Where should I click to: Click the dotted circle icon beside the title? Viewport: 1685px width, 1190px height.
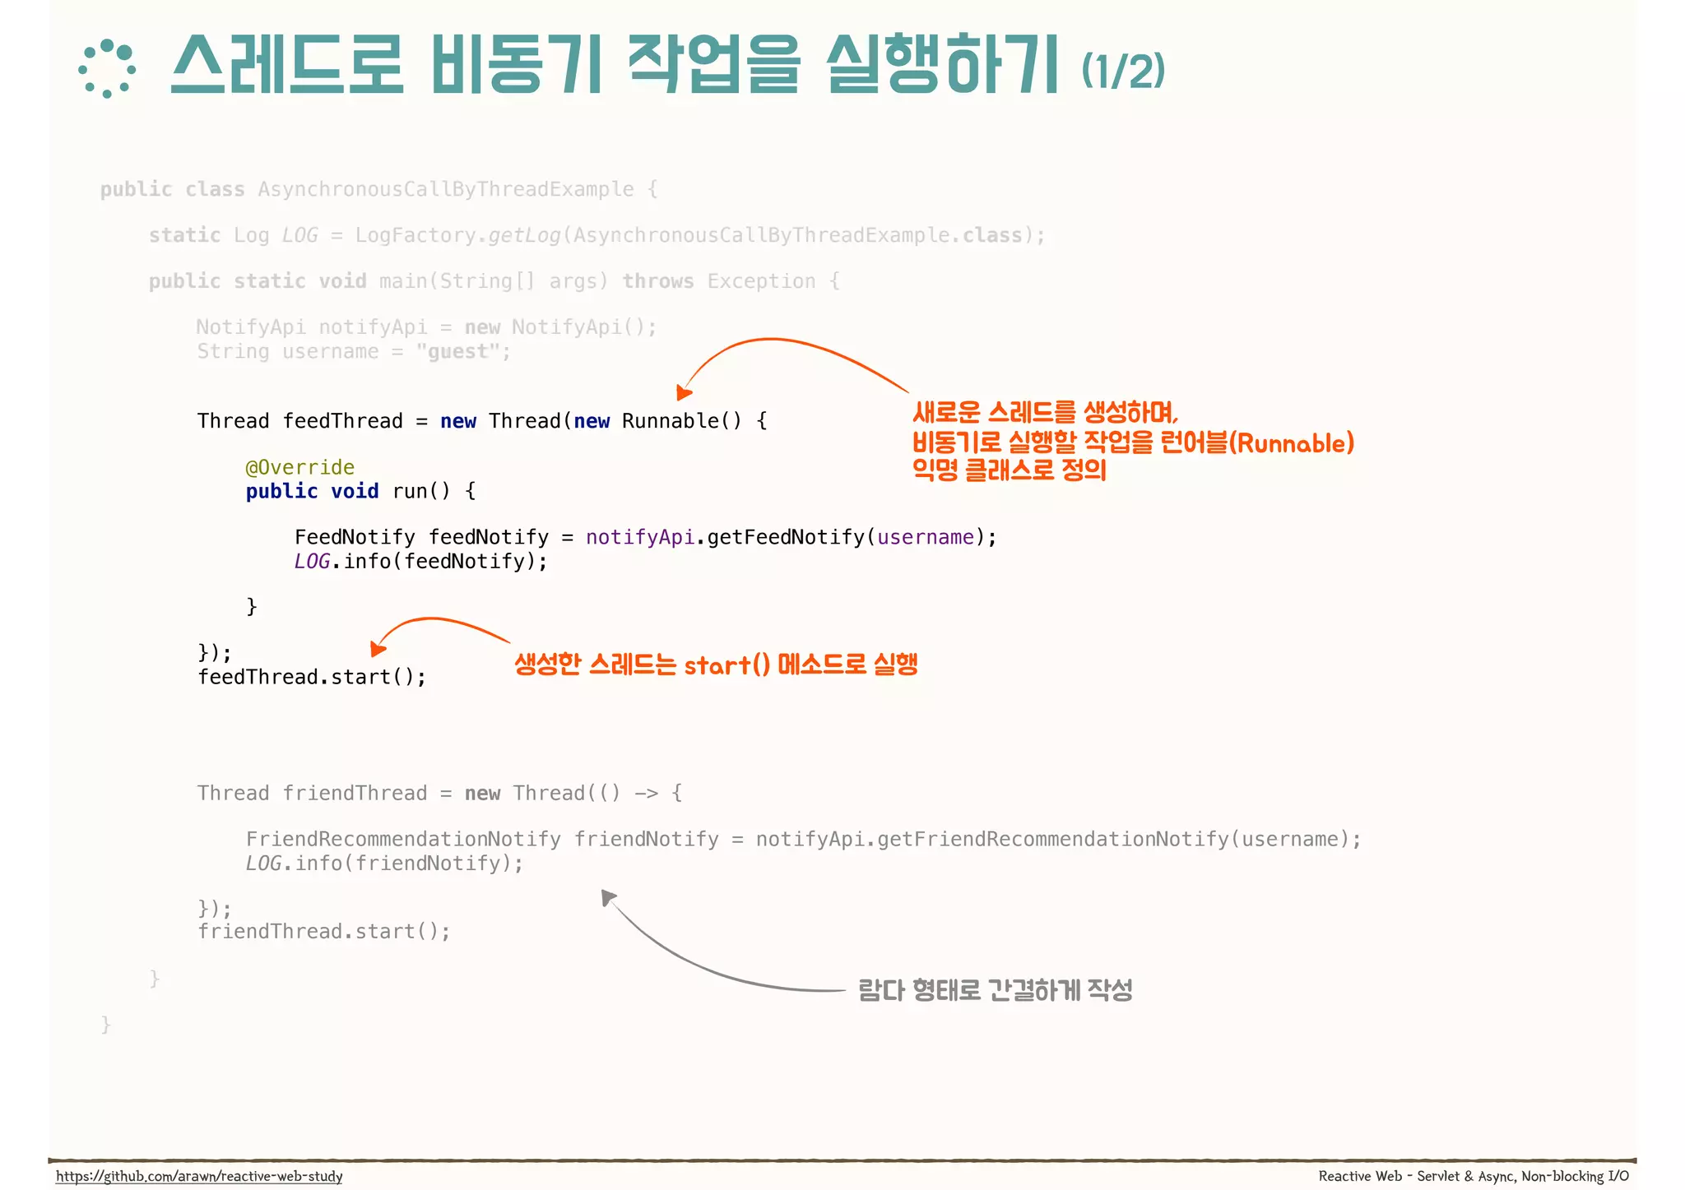107,69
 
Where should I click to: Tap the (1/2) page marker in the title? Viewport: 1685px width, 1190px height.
1122,71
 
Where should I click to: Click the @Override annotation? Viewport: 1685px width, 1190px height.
299,467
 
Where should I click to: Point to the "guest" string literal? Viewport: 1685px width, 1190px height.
457,352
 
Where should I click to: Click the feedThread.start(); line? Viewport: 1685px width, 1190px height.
312,677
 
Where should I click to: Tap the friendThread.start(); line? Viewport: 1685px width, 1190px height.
323,932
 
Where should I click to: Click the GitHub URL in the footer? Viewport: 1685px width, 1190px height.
199,1176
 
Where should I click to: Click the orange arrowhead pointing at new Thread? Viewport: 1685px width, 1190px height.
683,392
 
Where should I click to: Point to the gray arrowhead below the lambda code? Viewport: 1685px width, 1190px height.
608,897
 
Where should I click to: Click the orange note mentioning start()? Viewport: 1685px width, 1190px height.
716,664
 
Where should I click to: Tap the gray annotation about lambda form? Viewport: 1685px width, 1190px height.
995,990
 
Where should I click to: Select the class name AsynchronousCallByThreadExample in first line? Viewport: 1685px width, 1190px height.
445,189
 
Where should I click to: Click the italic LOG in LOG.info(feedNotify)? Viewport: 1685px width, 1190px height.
311,562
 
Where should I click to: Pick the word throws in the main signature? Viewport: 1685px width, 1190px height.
657,281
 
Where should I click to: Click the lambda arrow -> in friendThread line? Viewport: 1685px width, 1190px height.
646,794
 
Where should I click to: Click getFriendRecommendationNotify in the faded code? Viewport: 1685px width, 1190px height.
1052,840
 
